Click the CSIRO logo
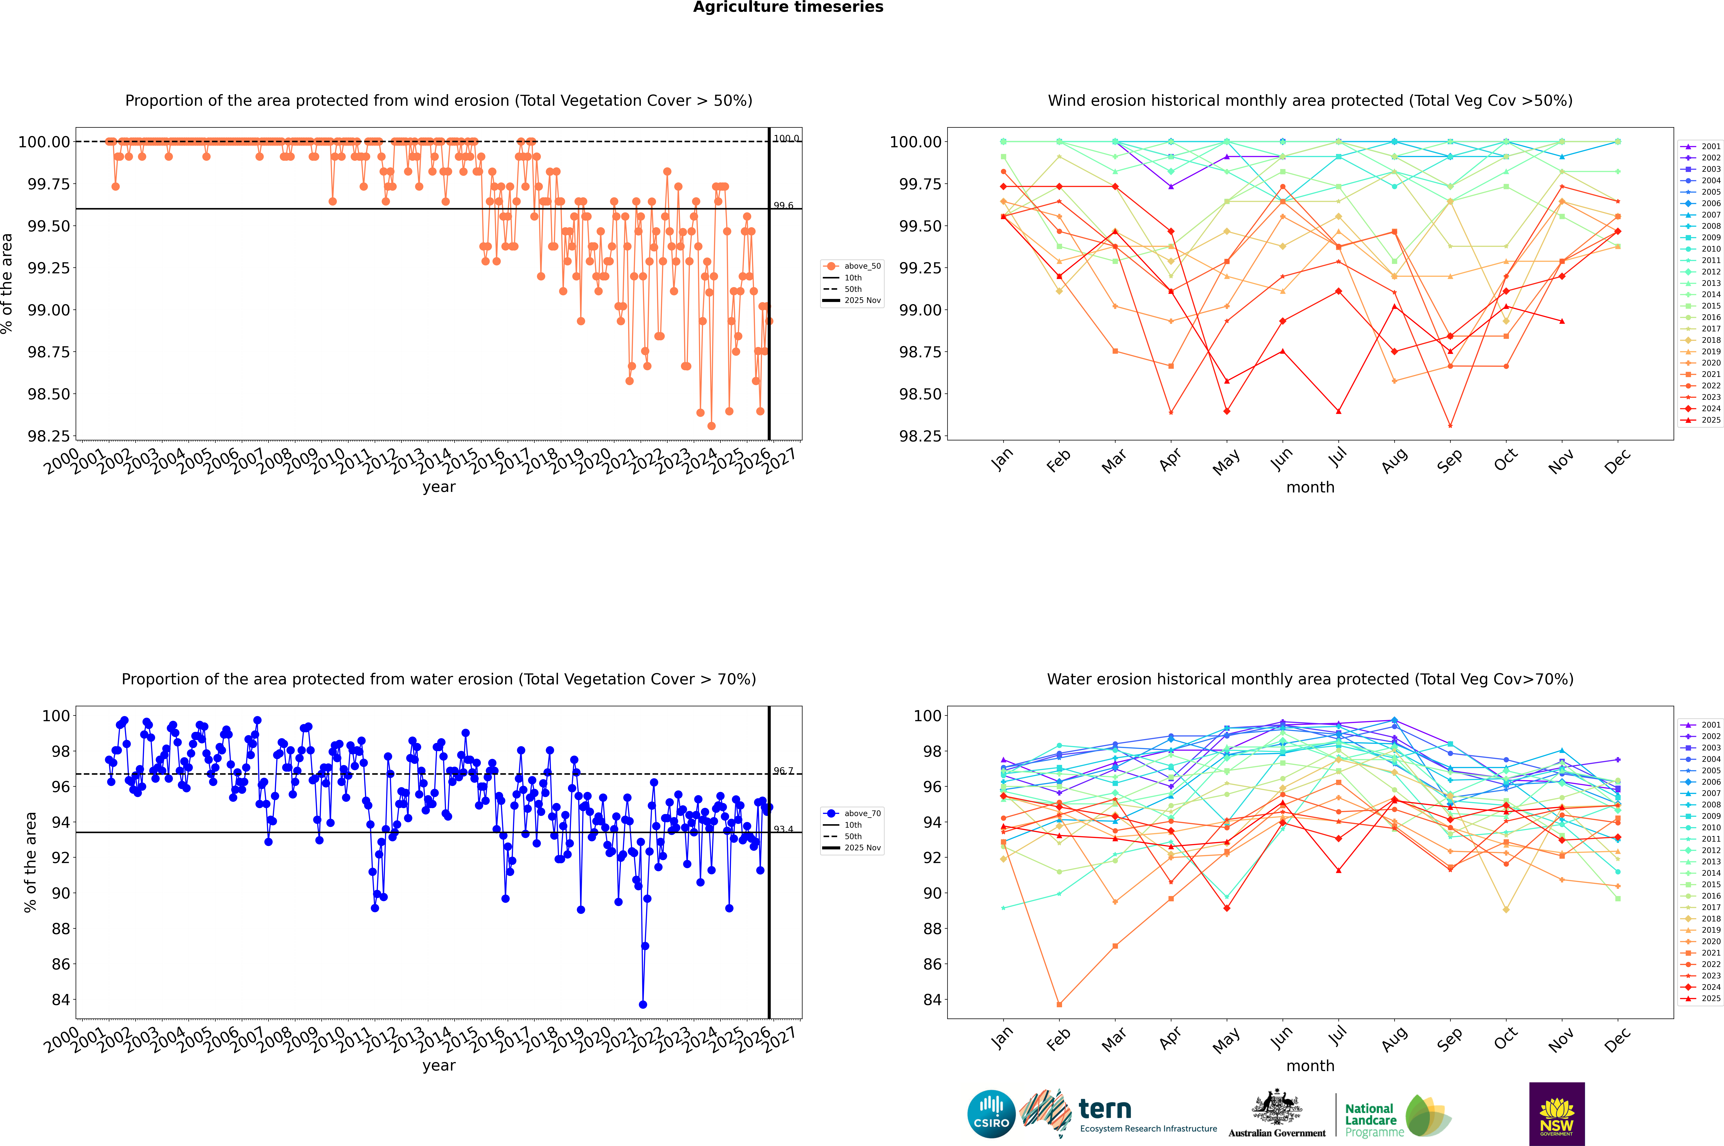click(991, 1114)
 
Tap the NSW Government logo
click(1557, 1114)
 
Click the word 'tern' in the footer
click(1105, 1110)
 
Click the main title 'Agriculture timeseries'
click(788, 7)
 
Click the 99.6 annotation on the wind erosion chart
click(783, 205)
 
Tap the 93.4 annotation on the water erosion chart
click(783, 829)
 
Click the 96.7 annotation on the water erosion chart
click(783, 771)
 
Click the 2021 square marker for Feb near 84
click(1059, 1004)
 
